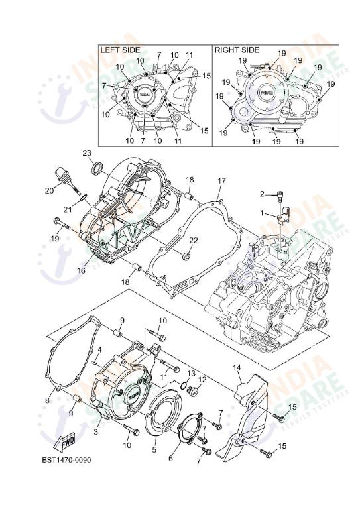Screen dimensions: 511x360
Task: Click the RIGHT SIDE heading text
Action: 237,50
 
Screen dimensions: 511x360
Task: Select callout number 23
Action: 86,153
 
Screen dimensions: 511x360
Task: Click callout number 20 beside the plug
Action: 49,190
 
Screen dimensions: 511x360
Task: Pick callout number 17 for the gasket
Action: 222,180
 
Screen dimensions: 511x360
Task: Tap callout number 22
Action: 194,239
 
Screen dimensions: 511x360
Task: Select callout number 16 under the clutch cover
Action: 82,270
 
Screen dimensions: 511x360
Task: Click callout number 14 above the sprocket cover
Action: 237,367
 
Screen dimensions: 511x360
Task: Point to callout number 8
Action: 48,400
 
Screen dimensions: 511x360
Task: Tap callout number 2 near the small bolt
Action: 262,194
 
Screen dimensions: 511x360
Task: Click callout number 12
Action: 203,380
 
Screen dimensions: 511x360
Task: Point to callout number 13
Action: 191,374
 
